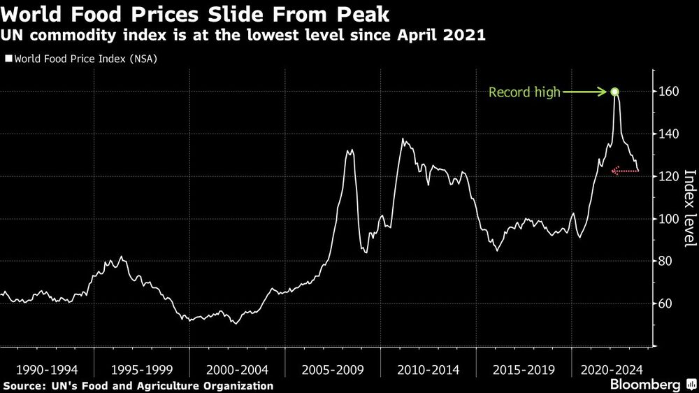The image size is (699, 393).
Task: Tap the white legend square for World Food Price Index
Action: [8, 59]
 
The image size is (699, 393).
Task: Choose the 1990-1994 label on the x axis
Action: [48, 369]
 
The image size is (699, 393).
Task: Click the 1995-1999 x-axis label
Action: [142, 369]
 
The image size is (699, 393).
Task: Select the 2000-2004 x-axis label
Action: [237, 369]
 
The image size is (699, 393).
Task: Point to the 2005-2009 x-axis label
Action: [333, 369]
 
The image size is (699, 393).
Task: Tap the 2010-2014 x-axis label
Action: [428, 369]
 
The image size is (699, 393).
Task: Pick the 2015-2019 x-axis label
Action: [523, 369]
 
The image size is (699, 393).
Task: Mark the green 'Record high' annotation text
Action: [524, 92]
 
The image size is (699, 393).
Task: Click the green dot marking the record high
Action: [615, 92]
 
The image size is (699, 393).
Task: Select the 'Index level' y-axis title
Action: [689, 208]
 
